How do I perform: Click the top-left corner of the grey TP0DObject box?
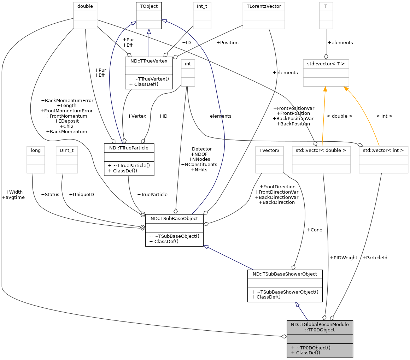287,320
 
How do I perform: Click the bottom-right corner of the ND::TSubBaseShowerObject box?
322,302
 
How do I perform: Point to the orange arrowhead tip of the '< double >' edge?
325,87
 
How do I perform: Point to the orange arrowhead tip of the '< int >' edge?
344,87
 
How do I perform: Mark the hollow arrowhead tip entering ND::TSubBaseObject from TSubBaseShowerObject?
204,246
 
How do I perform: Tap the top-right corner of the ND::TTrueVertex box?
173,57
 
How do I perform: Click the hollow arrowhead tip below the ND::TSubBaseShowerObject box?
296,302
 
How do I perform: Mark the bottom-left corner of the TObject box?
136,29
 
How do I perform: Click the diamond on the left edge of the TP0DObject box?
284,336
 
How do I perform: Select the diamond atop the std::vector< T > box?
326,57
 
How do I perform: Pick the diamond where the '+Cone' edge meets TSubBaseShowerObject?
293,267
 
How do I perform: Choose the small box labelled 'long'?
36,160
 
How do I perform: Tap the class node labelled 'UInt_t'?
67,160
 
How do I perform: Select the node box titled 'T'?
326,16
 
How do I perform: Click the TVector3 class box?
270,160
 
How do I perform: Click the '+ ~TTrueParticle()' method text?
129,165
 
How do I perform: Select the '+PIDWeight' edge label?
344,258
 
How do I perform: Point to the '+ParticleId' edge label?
375,258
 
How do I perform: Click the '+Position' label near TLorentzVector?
228,43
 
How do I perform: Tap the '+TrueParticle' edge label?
152,195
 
